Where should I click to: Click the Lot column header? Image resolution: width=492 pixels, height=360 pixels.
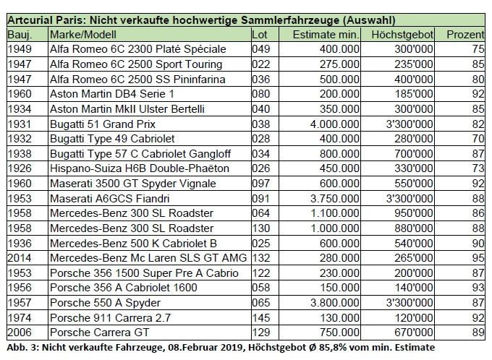260,35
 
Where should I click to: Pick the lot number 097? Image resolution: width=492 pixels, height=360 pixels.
260,184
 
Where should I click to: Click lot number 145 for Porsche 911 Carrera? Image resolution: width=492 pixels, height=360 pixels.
260,317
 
